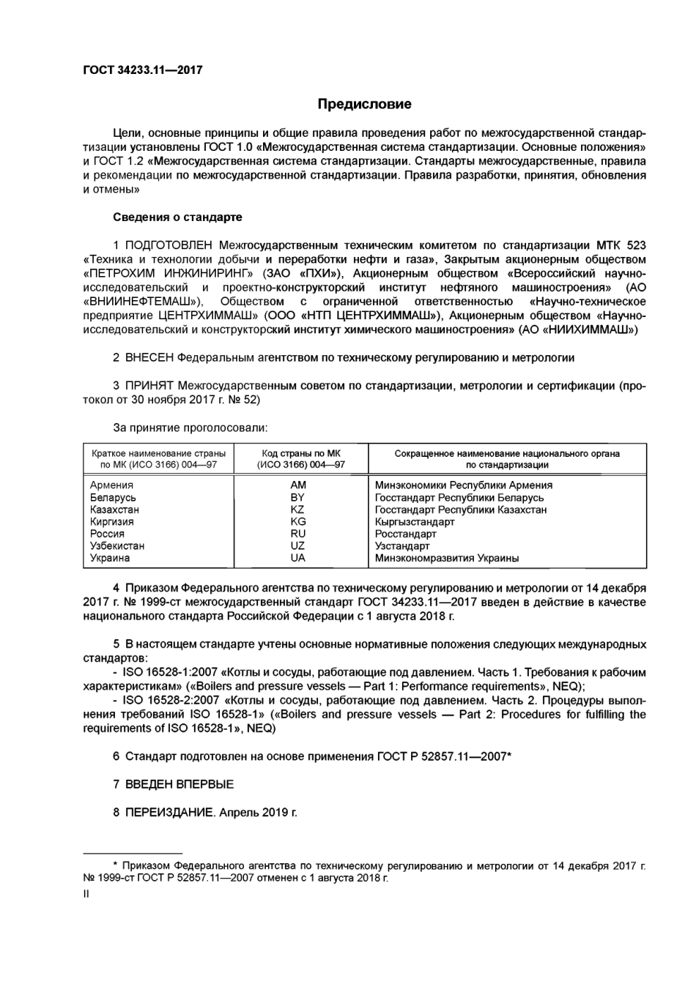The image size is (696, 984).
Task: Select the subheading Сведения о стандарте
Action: click(x=177, y=217)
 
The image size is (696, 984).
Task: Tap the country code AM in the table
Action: click(x=298, y=485)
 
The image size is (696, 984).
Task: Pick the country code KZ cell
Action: click(x=297, y=510)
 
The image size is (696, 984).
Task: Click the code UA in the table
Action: click(x=298, y=558)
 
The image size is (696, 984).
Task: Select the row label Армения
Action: click(x=111, y=485)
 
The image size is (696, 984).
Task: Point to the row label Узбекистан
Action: click(x=117, y=546)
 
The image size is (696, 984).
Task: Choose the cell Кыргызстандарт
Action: click(x=415, y=522)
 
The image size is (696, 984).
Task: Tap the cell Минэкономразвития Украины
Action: click(x=447, y=558)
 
